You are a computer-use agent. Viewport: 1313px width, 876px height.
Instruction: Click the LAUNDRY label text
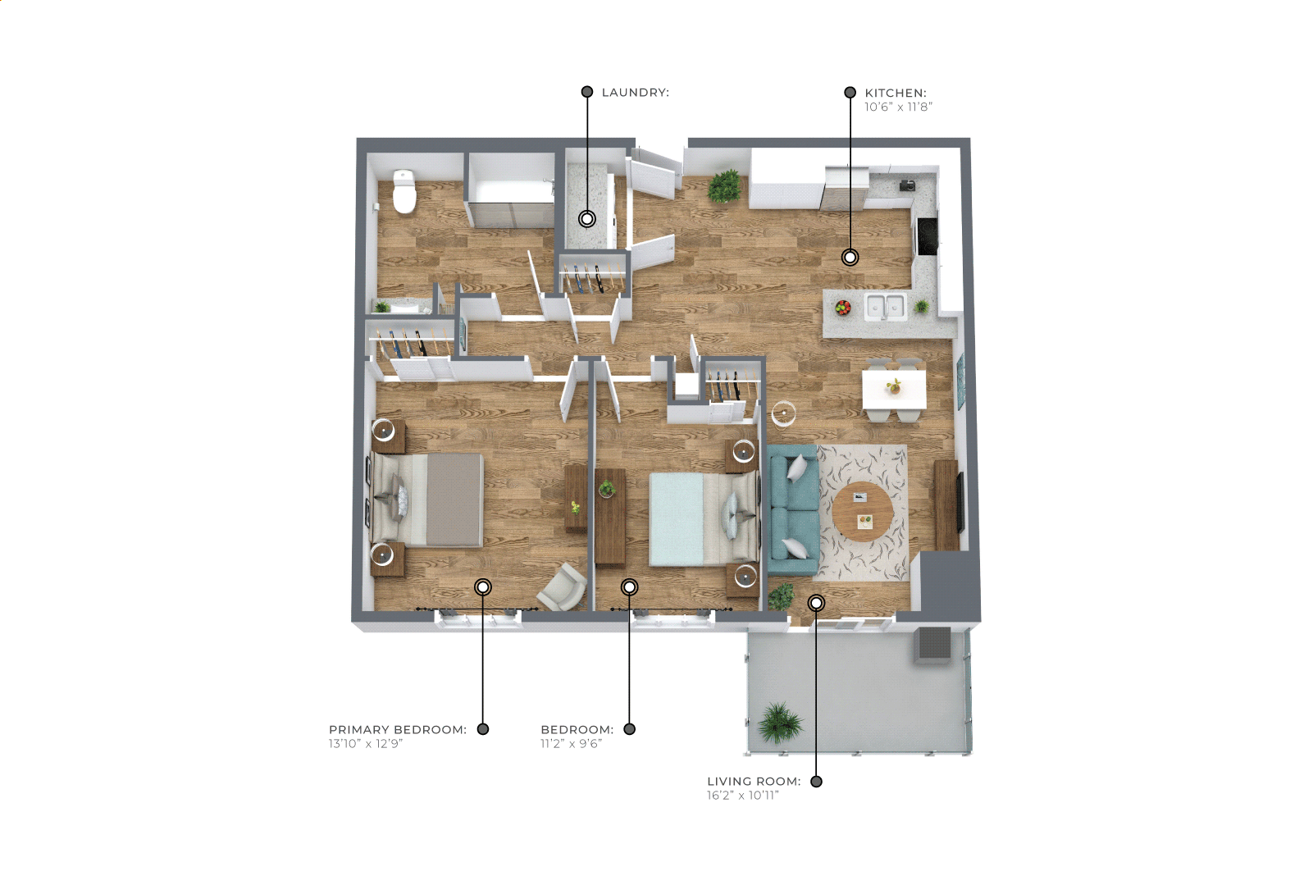pyautogui.click(x=636, y=93)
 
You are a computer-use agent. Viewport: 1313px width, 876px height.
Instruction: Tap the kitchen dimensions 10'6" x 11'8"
pyautogui.click(x=898, y=107)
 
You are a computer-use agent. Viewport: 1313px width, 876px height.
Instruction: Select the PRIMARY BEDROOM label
pyautogui.click(x=398, y=729)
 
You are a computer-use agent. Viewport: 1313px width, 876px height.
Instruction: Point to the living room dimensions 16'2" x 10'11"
pyautogui.click(x=743, y=795)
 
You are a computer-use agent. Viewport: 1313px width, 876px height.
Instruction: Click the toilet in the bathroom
pyautogui.click(x=404, y=191)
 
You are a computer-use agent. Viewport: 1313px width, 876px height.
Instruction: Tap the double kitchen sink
pyautogui.click(x=885, y=307)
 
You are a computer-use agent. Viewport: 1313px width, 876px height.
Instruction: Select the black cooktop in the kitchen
pyautogui.click(x=927, y=236)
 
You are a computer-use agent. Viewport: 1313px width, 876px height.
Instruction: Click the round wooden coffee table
pyautogui.click(x=863, y=511)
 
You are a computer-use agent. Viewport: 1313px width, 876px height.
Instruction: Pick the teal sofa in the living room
pyautogui.click(x=793, y=509)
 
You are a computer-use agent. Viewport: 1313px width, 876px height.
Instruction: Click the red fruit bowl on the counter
pyautogui.click(x=843, y=308)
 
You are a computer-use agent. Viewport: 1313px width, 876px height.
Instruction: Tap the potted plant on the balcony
pyautogui.click(x=780, y=723)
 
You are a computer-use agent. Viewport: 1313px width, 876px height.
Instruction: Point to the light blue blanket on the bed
pyautogui.click(x=677, y=519)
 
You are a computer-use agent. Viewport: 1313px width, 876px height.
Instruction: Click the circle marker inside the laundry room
pyautogui.click(x=587, y=219)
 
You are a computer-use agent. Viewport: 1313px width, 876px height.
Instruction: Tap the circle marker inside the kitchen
pyautogui.click(x=850, y=257)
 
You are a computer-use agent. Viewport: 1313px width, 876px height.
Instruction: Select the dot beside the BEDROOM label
pyautogui.click(x=630, y=729)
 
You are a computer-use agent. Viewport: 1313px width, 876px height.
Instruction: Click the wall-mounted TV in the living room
pyautogui.click(x=960, y=504)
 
